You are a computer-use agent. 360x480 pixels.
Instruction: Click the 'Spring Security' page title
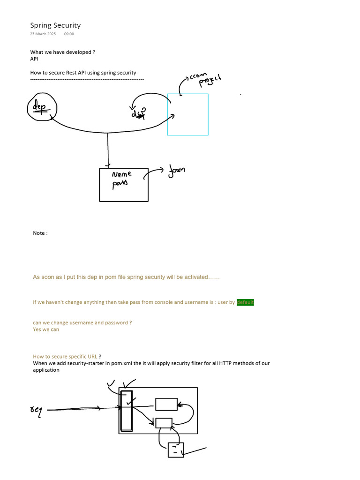tap(55, 25)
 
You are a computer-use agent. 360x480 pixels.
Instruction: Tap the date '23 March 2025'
tap(43, 34)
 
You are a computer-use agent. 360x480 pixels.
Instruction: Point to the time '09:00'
tap(69, 34)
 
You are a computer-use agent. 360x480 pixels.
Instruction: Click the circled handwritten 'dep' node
tap(42, 107)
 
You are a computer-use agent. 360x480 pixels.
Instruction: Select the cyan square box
tap(187, 114)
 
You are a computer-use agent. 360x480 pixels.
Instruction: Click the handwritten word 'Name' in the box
tap(122, 175)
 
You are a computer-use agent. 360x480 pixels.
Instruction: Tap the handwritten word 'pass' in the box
tap(120, 184)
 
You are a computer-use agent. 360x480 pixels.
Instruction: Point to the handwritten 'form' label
tap(177, 171)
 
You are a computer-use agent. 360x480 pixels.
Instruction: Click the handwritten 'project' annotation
tap(210, 80)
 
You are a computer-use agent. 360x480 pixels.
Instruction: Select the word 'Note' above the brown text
tap(39, 233)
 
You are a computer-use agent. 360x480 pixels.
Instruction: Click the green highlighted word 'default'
tap(245, 302)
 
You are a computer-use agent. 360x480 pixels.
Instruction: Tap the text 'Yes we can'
tap(46, 330)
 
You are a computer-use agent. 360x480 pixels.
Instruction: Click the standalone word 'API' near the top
tap(34, 59)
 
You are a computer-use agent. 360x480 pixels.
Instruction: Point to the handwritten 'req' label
tap(36, 411)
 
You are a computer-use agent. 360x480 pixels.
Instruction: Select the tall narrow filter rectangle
tap(126, 411)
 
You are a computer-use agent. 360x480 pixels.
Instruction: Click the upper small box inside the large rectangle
tap(166, 404)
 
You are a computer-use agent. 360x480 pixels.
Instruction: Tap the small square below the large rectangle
tap(176, 450)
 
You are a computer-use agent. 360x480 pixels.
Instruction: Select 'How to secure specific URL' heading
tap(65, 357)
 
